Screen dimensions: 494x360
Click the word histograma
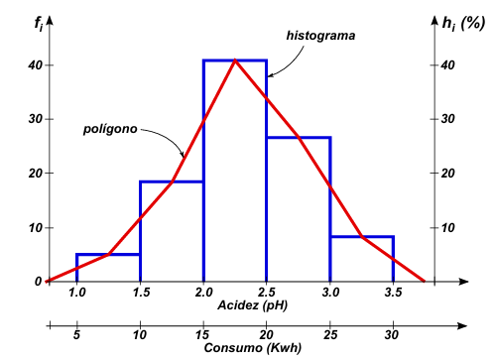point(320,36)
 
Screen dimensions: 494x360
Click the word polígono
point(110,129)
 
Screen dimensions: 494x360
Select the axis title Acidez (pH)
point(252,305)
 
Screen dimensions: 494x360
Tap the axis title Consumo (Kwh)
point(253,348)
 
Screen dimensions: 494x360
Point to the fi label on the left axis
point(39,24)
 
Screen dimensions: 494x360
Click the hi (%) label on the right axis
point(463,24)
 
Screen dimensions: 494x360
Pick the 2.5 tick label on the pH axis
point(267,293)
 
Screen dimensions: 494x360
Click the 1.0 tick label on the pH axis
point(77,293)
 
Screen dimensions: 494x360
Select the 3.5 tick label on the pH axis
point(393,293)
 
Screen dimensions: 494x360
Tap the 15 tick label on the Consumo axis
point(202,335)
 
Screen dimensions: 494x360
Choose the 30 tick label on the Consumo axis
point(392,335)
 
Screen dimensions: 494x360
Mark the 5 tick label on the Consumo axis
point(76,335)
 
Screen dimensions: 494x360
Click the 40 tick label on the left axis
point(36,65)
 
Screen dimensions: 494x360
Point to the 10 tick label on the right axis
point(448,228)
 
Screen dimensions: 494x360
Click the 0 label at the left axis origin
point(39,282)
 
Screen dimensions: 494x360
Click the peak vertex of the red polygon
point(235,60)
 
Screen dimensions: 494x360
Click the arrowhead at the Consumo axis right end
point(462,326)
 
